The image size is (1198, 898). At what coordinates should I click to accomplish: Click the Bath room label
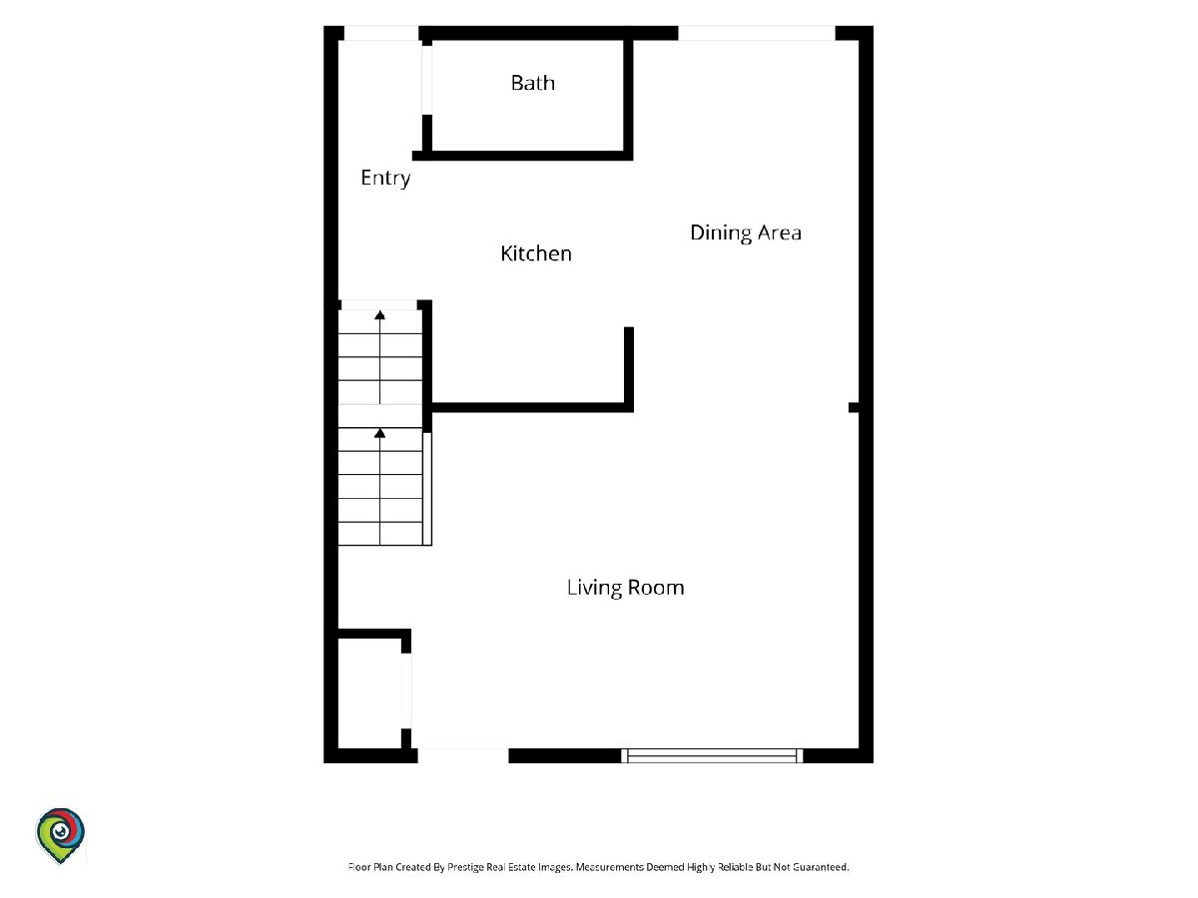(533, 83)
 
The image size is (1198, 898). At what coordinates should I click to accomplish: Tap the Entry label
(385, 178)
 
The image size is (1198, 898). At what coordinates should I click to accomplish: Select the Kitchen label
(536, 253)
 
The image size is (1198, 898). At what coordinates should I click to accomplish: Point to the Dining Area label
(746, 232)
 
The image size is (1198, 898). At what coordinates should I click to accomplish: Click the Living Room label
(626, 588)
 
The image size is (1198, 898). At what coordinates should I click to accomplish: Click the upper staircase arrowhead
(380, 314)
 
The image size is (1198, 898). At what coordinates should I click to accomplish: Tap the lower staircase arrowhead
(380, 433)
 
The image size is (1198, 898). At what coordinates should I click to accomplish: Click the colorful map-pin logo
(61, 836)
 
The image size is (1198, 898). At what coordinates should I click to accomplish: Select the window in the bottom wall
(712, 755)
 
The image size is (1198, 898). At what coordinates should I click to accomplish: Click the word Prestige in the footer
(464, 867)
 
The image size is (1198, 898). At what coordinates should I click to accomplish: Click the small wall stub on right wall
(855, 407)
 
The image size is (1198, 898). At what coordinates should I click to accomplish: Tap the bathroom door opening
(427, 80)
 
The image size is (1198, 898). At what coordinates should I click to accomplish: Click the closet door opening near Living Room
(406, 690)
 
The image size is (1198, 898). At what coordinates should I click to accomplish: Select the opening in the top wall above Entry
(381, 33)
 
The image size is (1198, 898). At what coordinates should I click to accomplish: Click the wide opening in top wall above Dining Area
(757, 33)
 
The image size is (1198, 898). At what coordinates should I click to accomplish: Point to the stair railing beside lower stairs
(427, 489)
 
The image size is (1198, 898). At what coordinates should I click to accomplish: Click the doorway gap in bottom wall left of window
(463, 755)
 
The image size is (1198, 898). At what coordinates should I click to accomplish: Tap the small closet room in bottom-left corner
(369, 693)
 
